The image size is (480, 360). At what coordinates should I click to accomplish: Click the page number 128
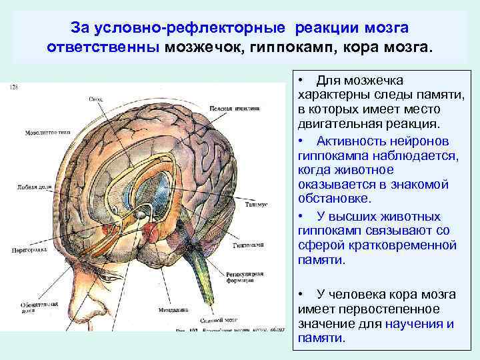(14, 87)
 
